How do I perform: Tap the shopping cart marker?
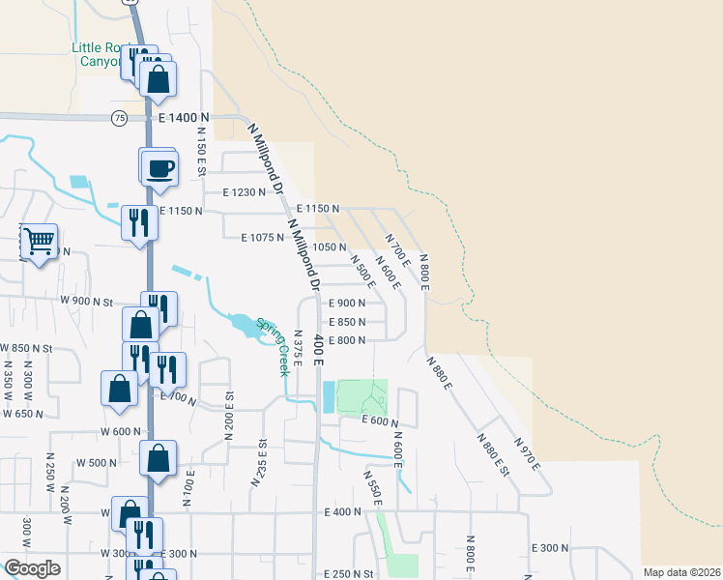(39, 241)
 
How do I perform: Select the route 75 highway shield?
(119, 118)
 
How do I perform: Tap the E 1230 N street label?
(244, 192)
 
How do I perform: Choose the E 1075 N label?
(262, 237)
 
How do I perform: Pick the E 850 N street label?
(347, 322)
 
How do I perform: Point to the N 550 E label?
(372, 487)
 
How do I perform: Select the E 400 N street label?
(342, 511)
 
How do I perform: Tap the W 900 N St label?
(87, 301)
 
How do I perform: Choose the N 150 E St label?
(202, 152)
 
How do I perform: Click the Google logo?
(32, 568)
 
